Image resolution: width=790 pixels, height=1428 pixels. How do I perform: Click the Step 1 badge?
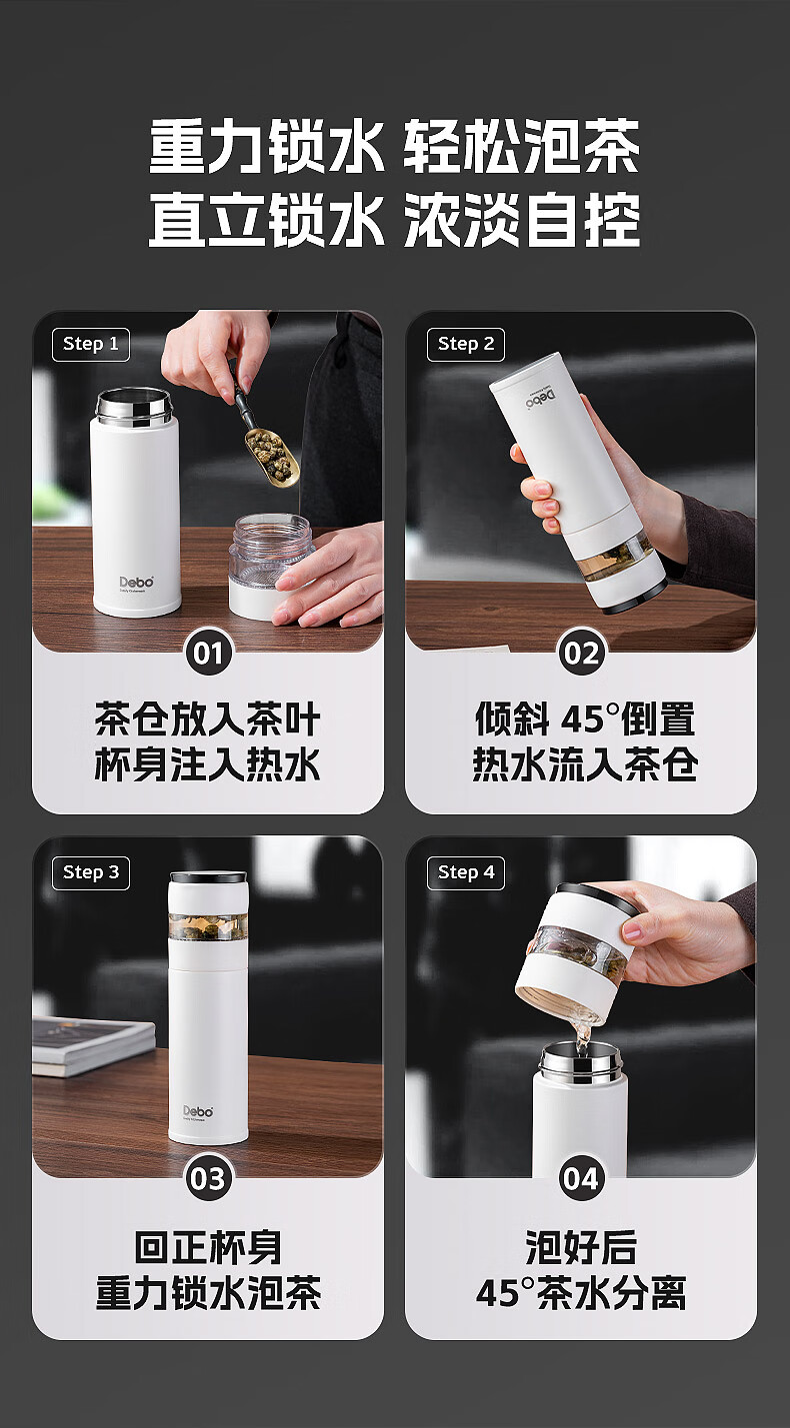[x=91, y=344]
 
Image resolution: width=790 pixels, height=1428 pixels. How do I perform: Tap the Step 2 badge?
[x=466, y=344]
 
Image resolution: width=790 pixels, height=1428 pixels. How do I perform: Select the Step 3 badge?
[x=91, y=872]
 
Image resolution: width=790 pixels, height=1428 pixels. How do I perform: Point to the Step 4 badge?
[x=466, y=872]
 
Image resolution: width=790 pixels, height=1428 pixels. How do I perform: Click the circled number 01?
[x=208, y=654]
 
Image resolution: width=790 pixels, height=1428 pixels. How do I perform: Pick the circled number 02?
[x=581, y=654]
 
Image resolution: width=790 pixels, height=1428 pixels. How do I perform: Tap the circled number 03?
[x=208, y=1179]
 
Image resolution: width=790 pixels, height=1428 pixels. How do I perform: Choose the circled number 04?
[x=581, y=1179]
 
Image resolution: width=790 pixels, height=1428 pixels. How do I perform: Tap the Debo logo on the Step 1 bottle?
[x=137, y=582]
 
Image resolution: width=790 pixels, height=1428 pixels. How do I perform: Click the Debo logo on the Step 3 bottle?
[x=198, y=1111]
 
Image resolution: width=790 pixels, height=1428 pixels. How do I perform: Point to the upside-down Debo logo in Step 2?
[x=540, y=399]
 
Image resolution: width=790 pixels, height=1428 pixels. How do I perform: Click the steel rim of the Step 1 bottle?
[x=134, y=404]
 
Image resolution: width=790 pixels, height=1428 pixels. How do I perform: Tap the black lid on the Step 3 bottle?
[x=208, y=877]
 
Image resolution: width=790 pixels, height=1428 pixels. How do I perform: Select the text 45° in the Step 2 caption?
[x=583, y=719]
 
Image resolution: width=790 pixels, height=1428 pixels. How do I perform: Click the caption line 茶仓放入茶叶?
[x=208, y=719]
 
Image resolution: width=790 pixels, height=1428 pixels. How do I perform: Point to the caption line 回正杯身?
[x=208, y=1247]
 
